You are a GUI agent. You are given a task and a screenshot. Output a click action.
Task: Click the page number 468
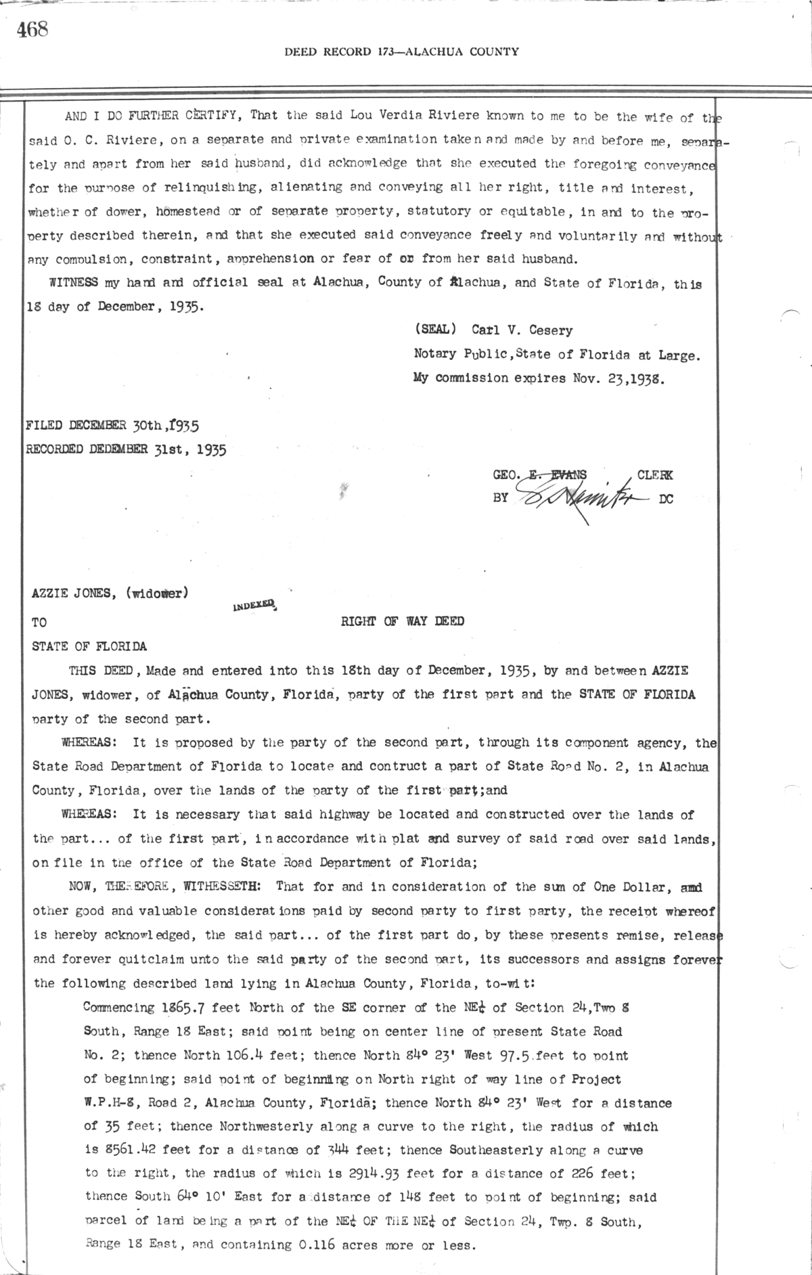tap(32, 30)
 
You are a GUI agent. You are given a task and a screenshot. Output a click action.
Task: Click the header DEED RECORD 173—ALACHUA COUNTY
tap(401, 51)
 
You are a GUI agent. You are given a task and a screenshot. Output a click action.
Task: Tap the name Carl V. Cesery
tap(522, 331)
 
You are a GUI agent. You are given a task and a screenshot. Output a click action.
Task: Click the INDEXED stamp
tap(254, 604)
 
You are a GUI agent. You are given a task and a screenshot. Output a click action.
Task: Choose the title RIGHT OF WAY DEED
tap(402, 621)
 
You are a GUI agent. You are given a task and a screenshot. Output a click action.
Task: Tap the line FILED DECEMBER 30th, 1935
tap(112, 426)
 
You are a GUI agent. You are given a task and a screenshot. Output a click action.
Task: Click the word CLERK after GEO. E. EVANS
tap(654, 475)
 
